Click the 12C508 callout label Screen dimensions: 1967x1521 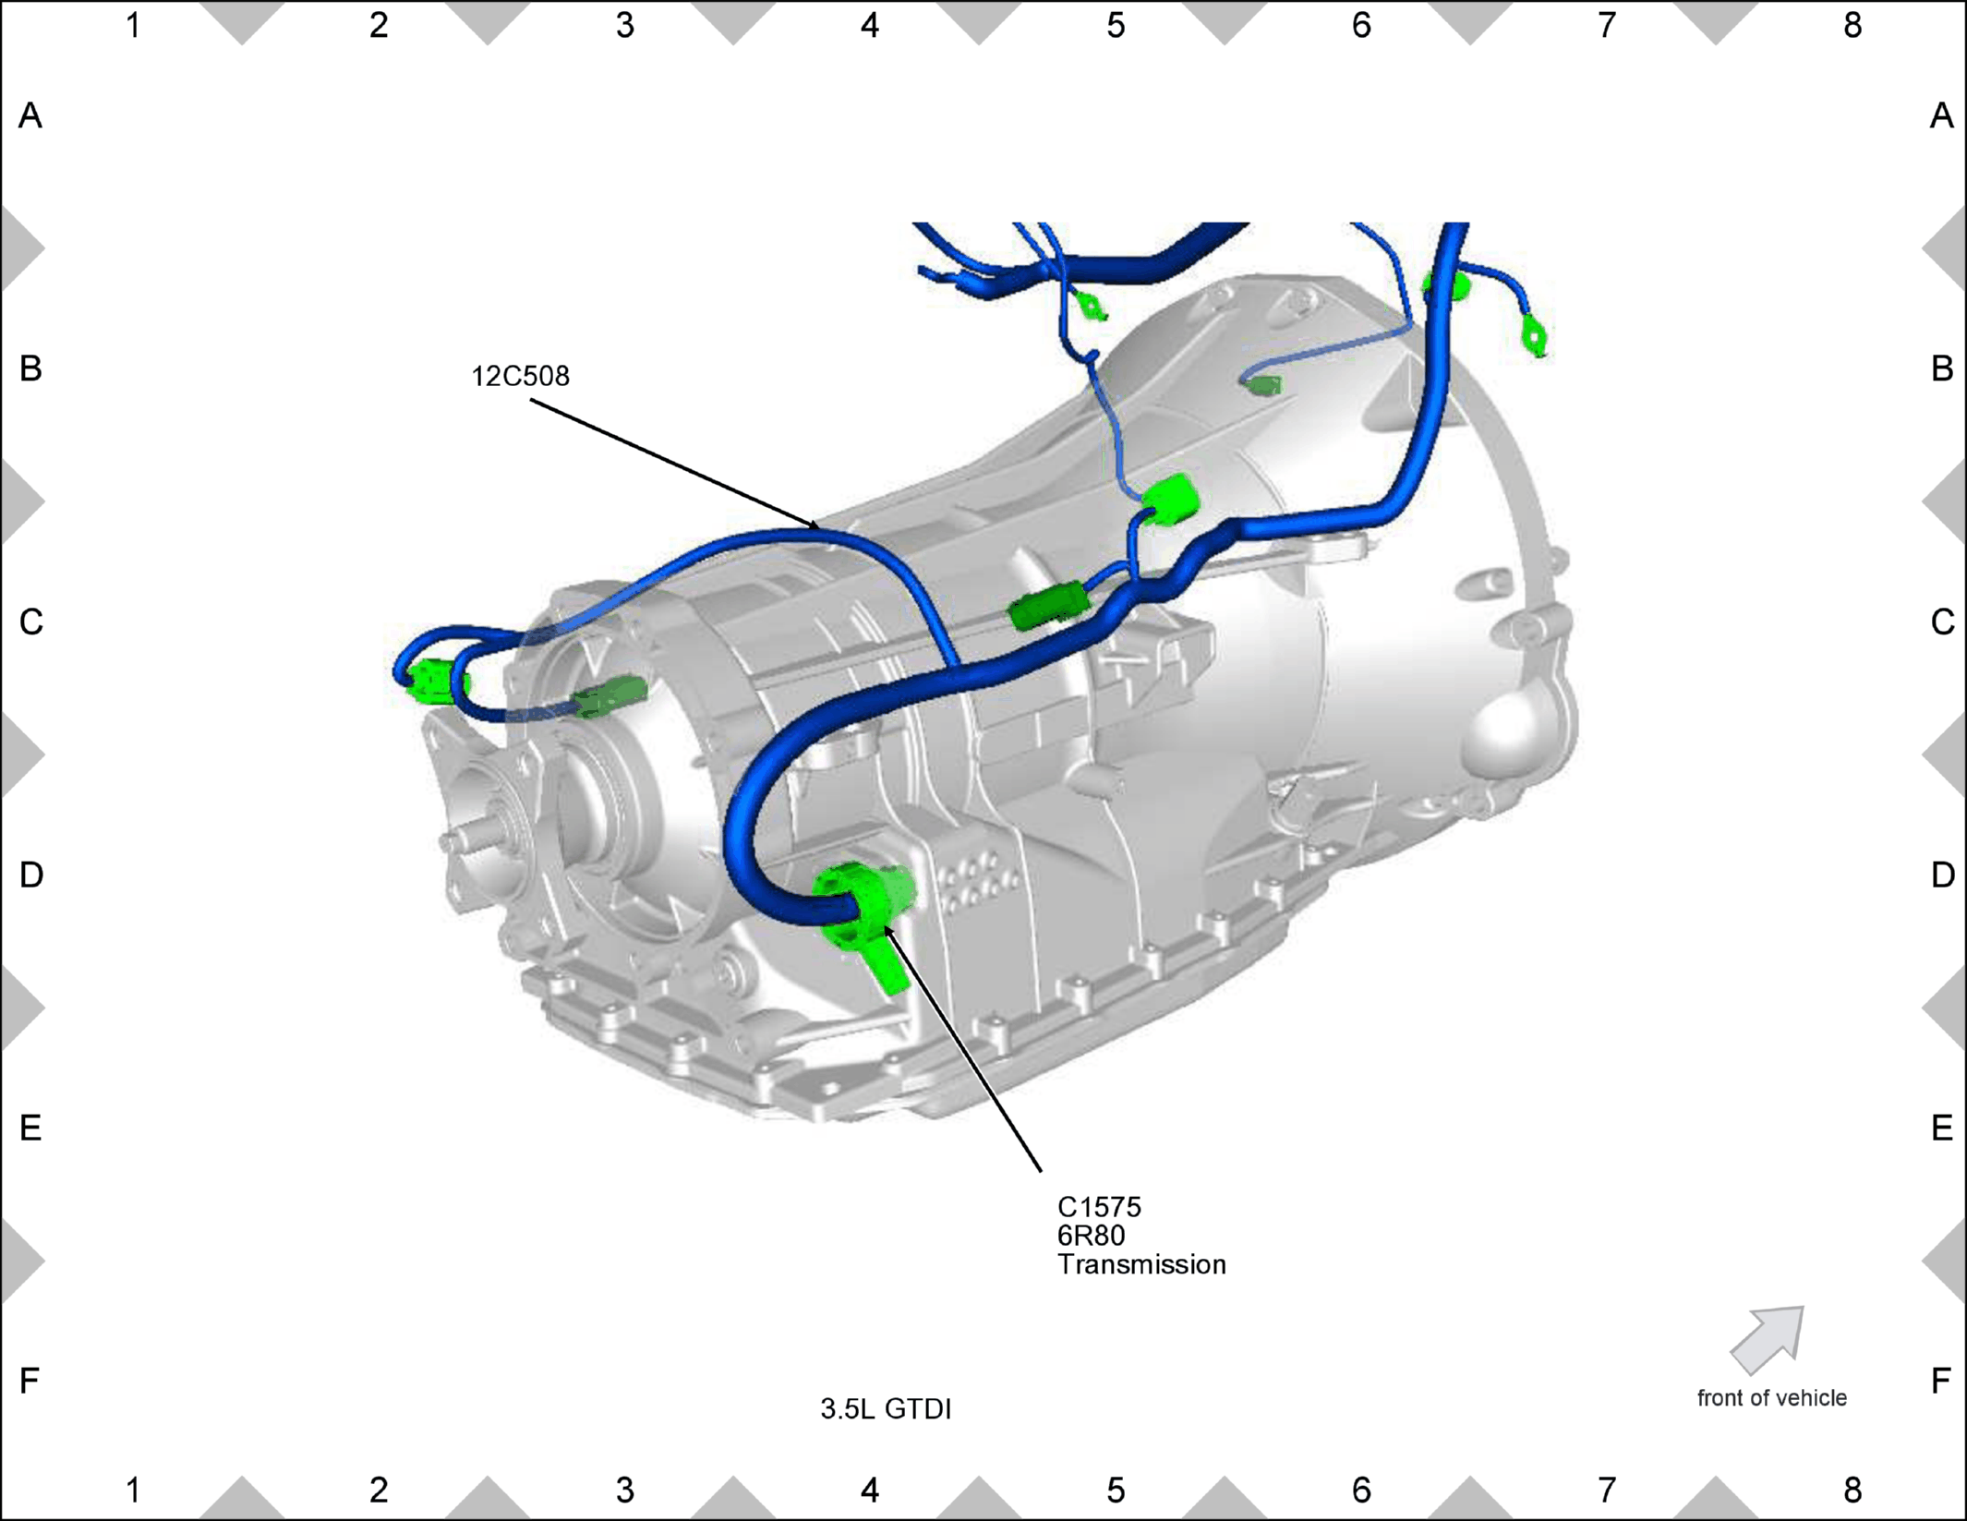click(x=520, y=377)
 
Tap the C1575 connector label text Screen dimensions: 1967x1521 click(x=1099, y=1207)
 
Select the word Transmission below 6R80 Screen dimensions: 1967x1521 click(x=1141, y=1264)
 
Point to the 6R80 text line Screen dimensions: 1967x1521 click(x=1091, y=1236)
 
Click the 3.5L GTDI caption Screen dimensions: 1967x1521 click(x=886, y=1408)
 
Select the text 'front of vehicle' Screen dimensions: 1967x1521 click(x=1771, y=1398)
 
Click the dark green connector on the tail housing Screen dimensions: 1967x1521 click(x=609, y=695)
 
